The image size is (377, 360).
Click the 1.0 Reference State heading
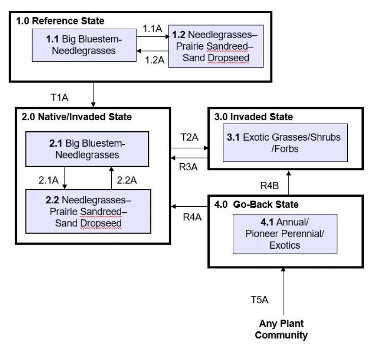click(x=60, y=21)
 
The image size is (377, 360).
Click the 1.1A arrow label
click(x=152, y=29)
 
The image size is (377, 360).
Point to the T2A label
click(x=189, y=137)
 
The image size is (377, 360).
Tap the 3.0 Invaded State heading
click(x=254, y=117)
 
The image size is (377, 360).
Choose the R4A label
click(x=192, y=217)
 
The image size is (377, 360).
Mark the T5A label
click(x=259, y=299)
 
